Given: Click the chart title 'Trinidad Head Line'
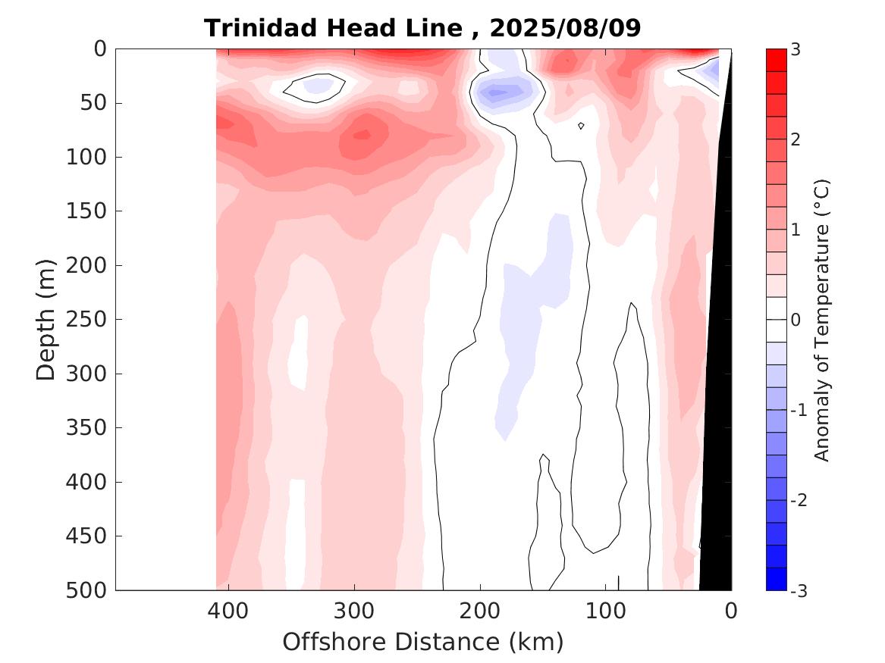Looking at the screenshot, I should (333, 28).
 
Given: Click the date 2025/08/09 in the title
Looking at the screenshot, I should (566, 28).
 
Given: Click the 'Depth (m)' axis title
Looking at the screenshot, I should (46, 319).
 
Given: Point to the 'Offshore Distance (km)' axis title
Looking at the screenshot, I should (423, 642).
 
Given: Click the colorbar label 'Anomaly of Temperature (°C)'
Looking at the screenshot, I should (822, 320).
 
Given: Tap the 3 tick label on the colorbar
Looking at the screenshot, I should (796, 49).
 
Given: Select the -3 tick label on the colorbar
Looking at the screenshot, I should (799, 590).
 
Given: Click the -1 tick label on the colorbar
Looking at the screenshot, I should (799, 410).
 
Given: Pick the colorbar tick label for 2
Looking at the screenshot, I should (796, 139).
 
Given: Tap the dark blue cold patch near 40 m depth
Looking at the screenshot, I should (497, 93).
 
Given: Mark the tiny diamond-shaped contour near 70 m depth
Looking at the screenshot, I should (581, 126).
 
